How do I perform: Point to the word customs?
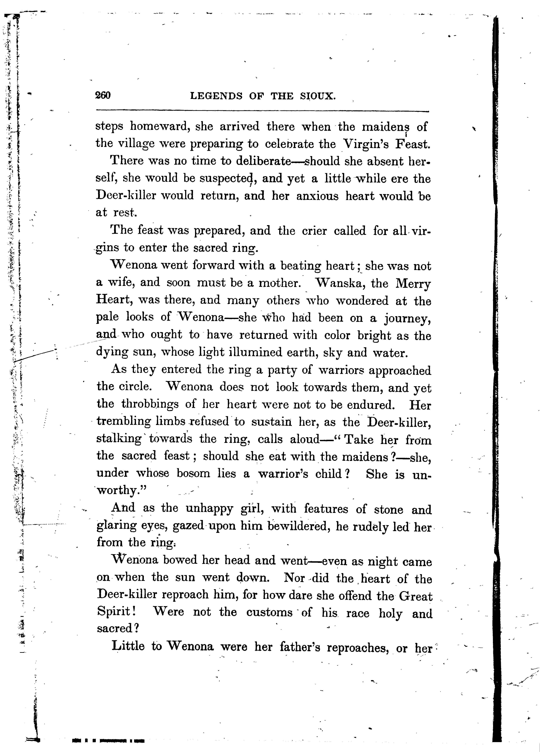click(x=269, y=612)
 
